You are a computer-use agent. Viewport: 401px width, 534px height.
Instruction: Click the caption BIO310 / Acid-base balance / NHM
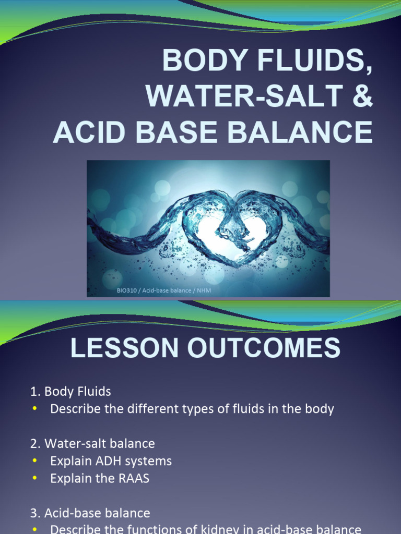pos(164,290)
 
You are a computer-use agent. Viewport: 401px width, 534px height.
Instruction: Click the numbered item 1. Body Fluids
pos(70,392)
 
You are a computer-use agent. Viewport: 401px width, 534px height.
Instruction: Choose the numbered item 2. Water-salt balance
pos(92,444)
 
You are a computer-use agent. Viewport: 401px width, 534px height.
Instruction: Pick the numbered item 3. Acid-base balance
pos(90,513)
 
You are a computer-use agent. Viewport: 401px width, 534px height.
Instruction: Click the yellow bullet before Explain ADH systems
pos(35,462)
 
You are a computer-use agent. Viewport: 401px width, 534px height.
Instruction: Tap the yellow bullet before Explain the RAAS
pos(35,479)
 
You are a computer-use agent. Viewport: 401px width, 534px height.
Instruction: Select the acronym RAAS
pos(134,479)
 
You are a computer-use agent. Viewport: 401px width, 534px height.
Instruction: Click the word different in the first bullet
pos(145,409)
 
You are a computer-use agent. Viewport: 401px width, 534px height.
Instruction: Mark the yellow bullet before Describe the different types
pos(35,409)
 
